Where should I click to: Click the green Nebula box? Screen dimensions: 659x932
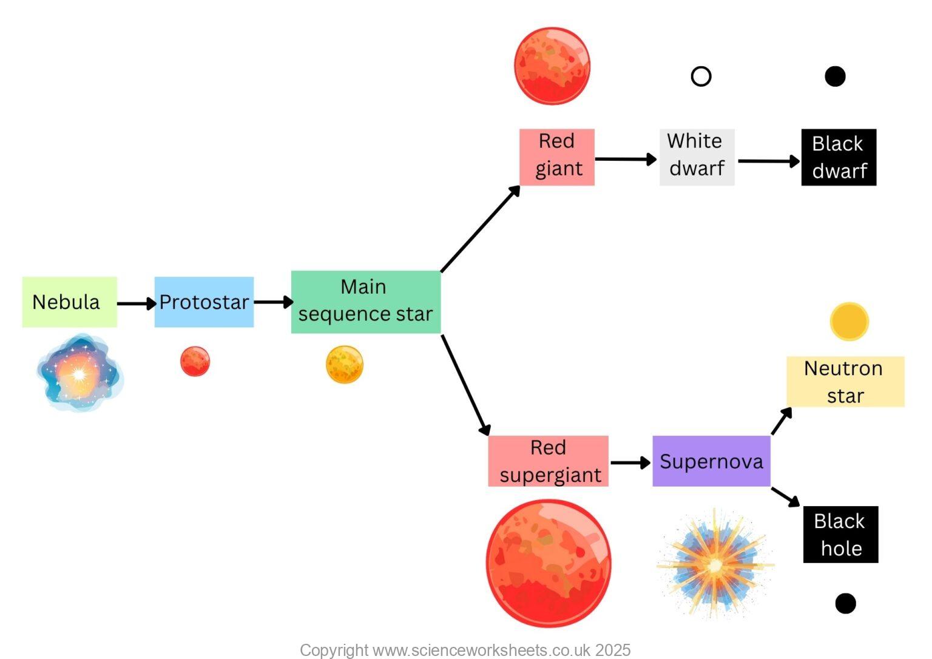click(69, 302)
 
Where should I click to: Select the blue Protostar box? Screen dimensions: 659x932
click(204, 302)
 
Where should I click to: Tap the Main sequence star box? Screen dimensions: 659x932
click(366, 302)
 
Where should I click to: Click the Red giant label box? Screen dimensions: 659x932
click(557, 157)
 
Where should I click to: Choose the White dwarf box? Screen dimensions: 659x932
click(697, 157)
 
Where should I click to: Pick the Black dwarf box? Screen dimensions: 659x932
click(839, 157)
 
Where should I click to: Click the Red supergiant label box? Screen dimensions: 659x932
click(548, 461)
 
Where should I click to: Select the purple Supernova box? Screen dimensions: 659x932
click(711, 461)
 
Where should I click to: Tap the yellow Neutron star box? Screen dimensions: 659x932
click(845, 382)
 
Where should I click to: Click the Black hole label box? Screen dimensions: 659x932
click(840, 535)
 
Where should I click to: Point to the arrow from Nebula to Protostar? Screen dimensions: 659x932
click(136, 303)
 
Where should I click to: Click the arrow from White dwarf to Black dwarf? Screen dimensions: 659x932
click(768, 161)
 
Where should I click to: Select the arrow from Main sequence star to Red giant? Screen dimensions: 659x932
click(480, 229)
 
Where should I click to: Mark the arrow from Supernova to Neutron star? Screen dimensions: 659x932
click(782, 421)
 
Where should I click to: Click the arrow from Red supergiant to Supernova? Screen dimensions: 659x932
click(630, 462)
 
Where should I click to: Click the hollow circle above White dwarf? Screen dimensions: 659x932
click(701, 76)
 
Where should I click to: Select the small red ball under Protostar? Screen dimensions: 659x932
click(195, 362)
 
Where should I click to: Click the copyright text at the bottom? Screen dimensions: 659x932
click(465, 650)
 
